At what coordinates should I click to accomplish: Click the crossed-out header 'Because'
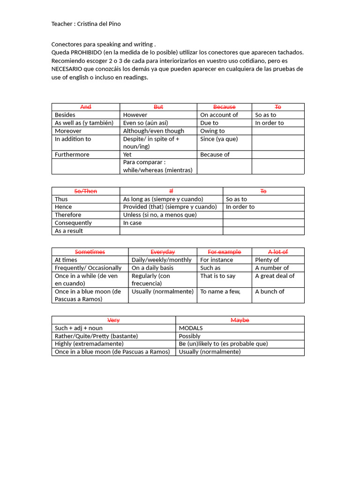coord(224,107)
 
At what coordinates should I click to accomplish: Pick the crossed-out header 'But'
coord(158,107)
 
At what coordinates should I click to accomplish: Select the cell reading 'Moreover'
coord(68,131)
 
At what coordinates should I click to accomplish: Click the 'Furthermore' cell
coord(72,154)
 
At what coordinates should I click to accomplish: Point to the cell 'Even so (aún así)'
coord(145,123)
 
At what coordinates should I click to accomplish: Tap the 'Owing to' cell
coord(212,131)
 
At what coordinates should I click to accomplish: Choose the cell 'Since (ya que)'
coord(219,139)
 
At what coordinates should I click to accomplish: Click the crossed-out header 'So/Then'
coord(86,191)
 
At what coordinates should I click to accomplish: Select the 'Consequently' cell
coord(73,223)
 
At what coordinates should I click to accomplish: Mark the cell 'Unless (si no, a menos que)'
coord(160,215)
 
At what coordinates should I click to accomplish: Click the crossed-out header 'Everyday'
coord(163,252)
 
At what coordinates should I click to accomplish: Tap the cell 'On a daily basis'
coord(152,268)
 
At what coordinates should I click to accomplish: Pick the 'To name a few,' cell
coord(220,291)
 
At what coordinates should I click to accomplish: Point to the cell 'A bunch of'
coord(270,291)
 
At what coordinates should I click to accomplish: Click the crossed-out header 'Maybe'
coord(240,320)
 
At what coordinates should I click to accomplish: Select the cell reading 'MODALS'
coord(191,328)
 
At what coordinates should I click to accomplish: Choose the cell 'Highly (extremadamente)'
coord(89,344)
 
